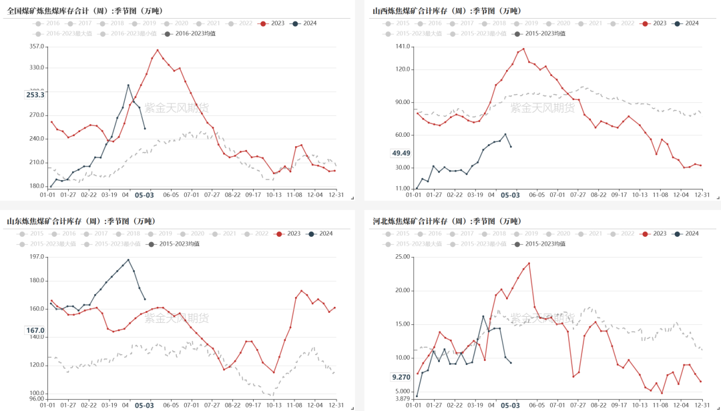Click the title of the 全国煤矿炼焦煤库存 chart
point(85,11)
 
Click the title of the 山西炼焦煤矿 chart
point(451,11)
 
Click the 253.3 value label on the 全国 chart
point(35,95)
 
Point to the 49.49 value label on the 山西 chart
point(401,153)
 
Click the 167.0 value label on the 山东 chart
point(35,330)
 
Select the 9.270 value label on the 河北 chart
point(401,377)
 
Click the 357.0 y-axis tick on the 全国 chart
point(37,47)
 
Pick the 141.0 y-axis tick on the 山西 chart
point(402,46)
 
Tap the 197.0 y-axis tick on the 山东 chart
point(37,257)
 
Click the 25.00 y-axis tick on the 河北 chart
point(402,257)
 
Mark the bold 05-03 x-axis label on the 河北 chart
point(510,405)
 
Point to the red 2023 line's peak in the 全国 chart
point(158,49)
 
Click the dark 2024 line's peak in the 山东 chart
point(128,260)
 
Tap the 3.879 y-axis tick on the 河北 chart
point(402,398)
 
